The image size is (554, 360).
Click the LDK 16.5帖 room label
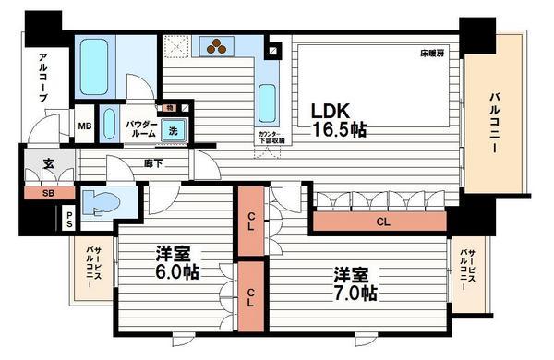tap(338, 119)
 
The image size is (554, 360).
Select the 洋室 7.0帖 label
tap(355, 283)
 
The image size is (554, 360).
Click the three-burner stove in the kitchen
tap(220, 46)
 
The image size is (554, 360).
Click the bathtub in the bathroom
tap(96, 62)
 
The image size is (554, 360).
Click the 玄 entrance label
tap(46, 166)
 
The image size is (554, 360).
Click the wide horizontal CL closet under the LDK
tap(381, 222)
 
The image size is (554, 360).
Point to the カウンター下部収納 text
tap(271, 138)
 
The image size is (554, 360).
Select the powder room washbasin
tap(110, 124)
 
